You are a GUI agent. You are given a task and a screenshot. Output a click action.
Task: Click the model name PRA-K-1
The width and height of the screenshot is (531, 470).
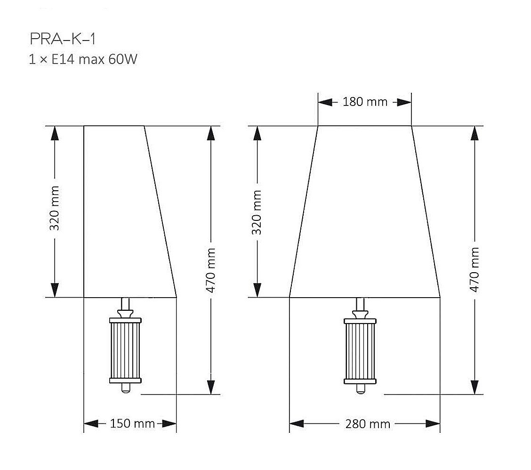pos(63,39)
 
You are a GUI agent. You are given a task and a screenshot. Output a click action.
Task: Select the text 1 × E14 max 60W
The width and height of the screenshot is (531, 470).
pos(83,59)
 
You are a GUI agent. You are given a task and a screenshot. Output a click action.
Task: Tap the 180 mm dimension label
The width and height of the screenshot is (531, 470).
pos(365,102)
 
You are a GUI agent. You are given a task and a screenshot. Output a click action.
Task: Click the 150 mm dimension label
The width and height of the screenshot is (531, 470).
pos(132,423)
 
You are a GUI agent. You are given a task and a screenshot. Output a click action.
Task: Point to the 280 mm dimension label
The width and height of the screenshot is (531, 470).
pos(368,423)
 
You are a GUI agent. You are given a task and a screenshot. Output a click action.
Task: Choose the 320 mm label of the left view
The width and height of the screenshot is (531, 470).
pos(55,208)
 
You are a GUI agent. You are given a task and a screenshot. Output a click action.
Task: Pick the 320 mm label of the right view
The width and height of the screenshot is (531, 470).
pos(257,212)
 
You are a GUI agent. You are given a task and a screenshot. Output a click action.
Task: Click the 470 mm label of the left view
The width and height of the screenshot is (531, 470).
pos(210,270)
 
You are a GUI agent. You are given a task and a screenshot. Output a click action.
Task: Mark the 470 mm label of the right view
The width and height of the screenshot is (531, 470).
pos(475,270)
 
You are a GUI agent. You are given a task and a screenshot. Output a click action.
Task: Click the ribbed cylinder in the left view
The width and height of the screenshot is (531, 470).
pos(125,350)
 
